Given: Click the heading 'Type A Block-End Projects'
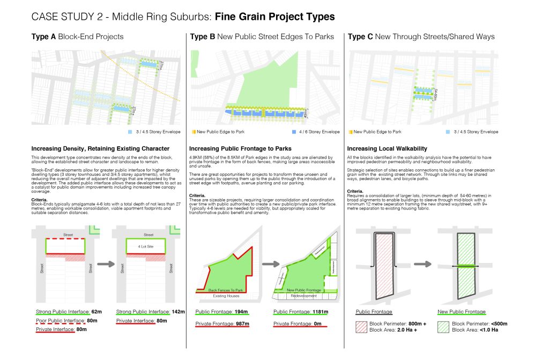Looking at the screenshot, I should (x=77, y=37).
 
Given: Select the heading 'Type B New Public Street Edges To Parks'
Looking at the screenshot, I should (x=262, y=37).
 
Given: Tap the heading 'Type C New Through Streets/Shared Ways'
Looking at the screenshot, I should (x=421, y=37).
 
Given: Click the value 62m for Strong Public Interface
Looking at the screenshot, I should (x=96, y=311).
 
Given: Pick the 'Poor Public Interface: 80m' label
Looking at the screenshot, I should (x=61, y=320).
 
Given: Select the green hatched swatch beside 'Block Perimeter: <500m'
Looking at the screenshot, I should (x=444, y=327).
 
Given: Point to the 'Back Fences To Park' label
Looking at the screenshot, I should (x=226, y=290).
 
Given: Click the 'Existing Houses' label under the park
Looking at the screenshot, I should (x=226, y=295).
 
